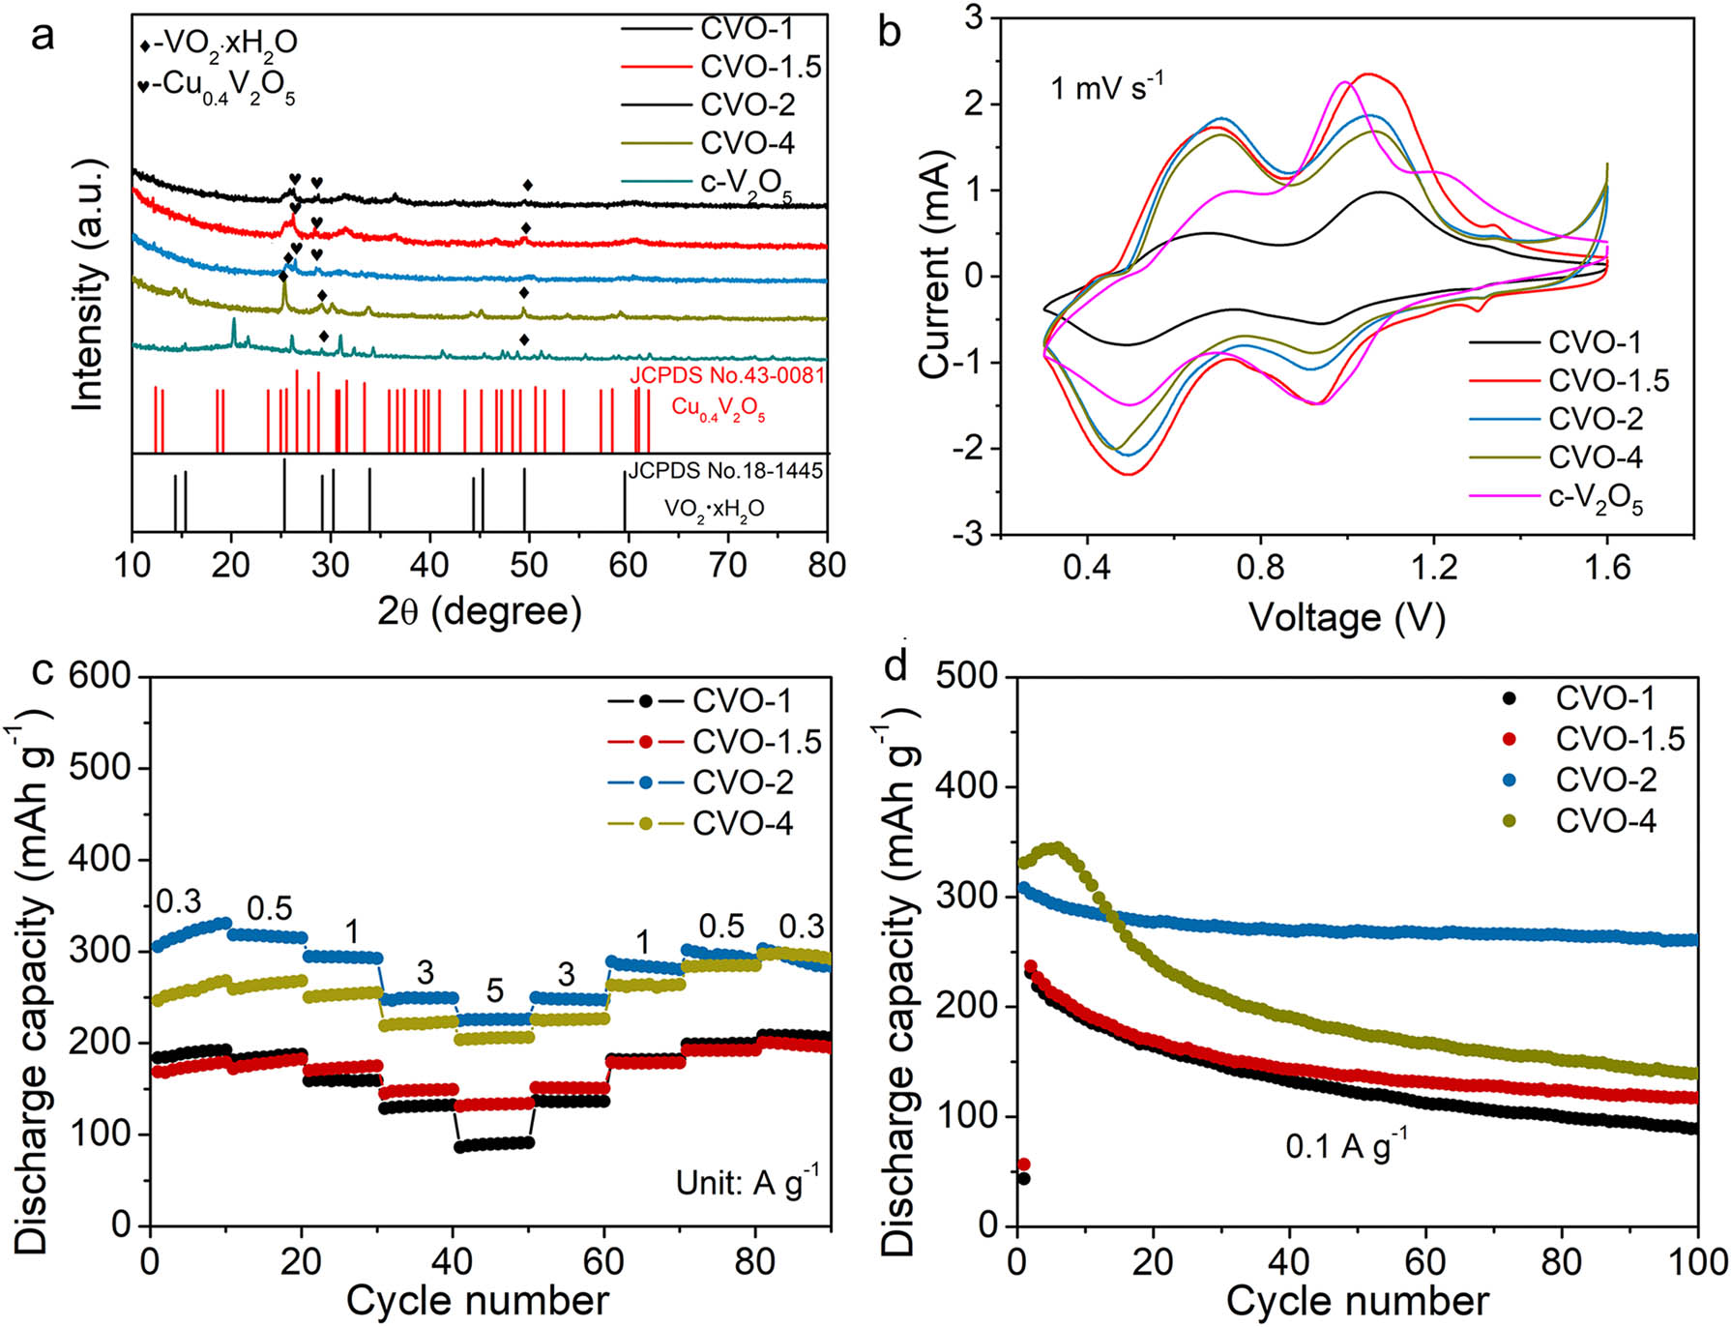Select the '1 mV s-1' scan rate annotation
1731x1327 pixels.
pyautogui.click(x=1106, y=88)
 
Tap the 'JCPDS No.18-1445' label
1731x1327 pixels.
pyautogui.click(x=725, y=471)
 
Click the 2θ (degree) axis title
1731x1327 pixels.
pyautogui.click(x=480, y=611)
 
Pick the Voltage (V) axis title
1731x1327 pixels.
pyautogui.click(x=1346, y=617)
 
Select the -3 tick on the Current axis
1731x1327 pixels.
pyautogui.click(x=968, y=534)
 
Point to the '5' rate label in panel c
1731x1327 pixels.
pyautogui.click(x=494, y=990)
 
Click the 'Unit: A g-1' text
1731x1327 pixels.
pyautogui.click(x=747, y=1181)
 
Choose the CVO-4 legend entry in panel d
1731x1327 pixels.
pyautogui.click(x=1605, y=821)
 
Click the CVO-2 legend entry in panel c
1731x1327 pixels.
pyautogui.click(x=743, y=781)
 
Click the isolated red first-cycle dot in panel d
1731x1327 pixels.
pyautogui.click(x=1024, y=1164)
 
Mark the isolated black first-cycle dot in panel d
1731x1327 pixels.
pyautogui.click(x=1023, y=1178)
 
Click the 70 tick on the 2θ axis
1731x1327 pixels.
pyautogui.click(x=727, y=565)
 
